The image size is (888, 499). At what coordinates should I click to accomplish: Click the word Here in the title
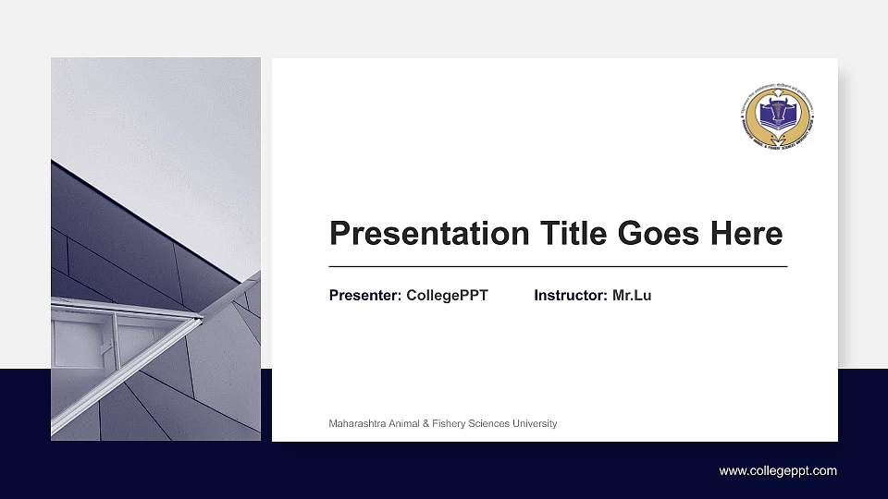pos(746,233)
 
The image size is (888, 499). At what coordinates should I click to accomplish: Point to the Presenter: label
pos(365,296)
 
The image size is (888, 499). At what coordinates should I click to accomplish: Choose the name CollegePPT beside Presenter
pos(447,296)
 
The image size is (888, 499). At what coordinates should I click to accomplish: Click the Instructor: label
pos(571,296)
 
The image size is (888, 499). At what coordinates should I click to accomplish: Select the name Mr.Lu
pos(632,296)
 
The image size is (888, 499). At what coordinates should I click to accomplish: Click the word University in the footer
pos(534,424)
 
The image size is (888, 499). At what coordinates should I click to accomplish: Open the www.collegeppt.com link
pos(778,471)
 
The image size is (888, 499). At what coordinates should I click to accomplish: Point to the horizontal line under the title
pos(558,266)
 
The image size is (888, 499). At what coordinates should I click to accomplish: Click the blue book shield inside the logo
pos(777,115)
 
